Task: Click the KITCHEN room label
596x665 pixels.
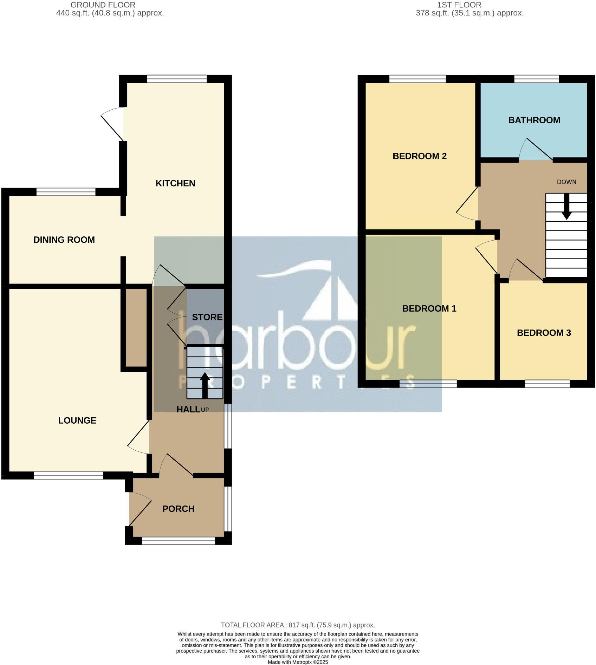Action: tap(175, 183)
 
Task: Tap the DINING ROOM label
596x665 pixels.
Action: tap(64, 240)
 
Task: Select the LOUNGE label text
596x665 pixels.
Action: tap(77, 420)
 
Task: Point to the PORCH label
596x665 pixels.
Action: tap(178, 509)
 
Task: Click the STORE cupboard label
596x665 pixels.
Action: tap(207, 317)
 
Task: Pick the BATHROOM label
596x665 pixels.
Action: tap(534, 120)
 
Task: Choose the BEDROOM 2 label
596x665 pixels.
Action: tap(420, 156)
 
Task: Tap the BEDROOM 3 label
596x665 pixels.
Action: tap(544, 333)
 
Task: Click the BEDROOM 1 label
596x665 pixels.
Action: tap(429, 308)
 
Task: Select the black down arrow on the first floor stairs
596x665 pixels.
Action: tap(566, 207)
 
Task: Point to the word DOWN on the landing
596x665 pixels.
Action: tap(566, 182)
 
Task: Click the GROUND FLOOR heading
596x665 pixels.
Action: tap(103, 5)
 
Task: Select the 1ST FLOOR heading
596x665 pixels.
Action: tap(459, 5)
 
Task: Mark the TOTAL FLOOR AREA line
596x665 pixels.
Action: tap(298, 625)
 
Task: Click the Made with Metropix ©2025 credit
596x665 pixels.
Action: tap(298, 662)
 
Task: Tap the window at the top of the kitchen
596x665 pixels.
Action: tap(177, 79)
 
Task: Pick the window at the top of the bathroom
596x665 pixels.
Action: tap(537, 79)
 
